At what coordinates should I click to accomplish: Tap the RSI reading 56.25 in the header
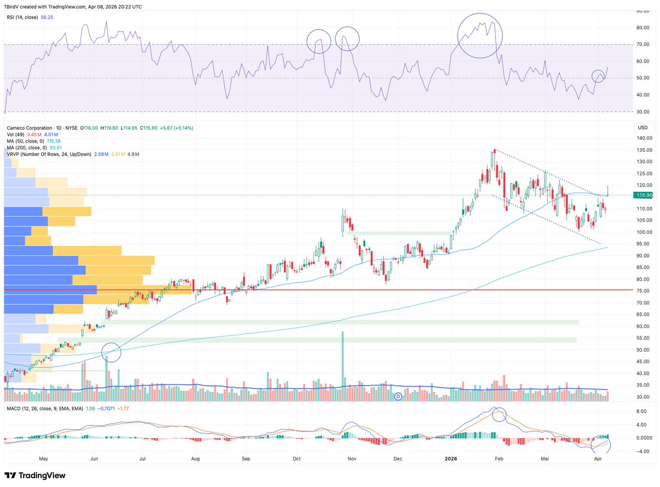coord(47,18)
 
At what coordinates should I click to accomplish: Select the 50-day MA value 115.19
coord(53,141)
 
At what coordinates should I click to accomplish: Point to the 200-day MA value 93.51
coord(56,147)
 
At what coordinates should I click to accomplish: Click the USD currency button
coord(642,128)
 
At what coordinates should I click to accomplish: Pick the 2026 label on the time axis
coord(451,459)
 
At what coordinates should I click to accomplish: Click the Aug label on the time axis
coord(195,459)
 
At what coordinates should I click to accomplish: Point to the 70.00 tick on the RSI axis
coord(642,45)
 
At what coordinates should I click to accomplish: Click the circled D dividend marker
coord(398,397)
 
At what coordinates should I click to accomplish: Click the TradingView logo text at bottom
coord(42,475)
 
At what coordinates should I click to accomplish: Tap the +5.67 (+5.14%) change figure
coord(177,128)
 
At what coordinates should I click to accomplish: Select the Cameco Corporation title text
coord(30,128)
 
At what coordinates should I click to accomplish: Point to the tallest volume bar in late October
coord(343,366)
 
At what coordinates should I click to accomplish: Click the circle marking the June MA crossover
coord(102,352)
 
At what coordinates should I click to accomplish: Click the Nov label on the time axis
coord(352,459)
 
